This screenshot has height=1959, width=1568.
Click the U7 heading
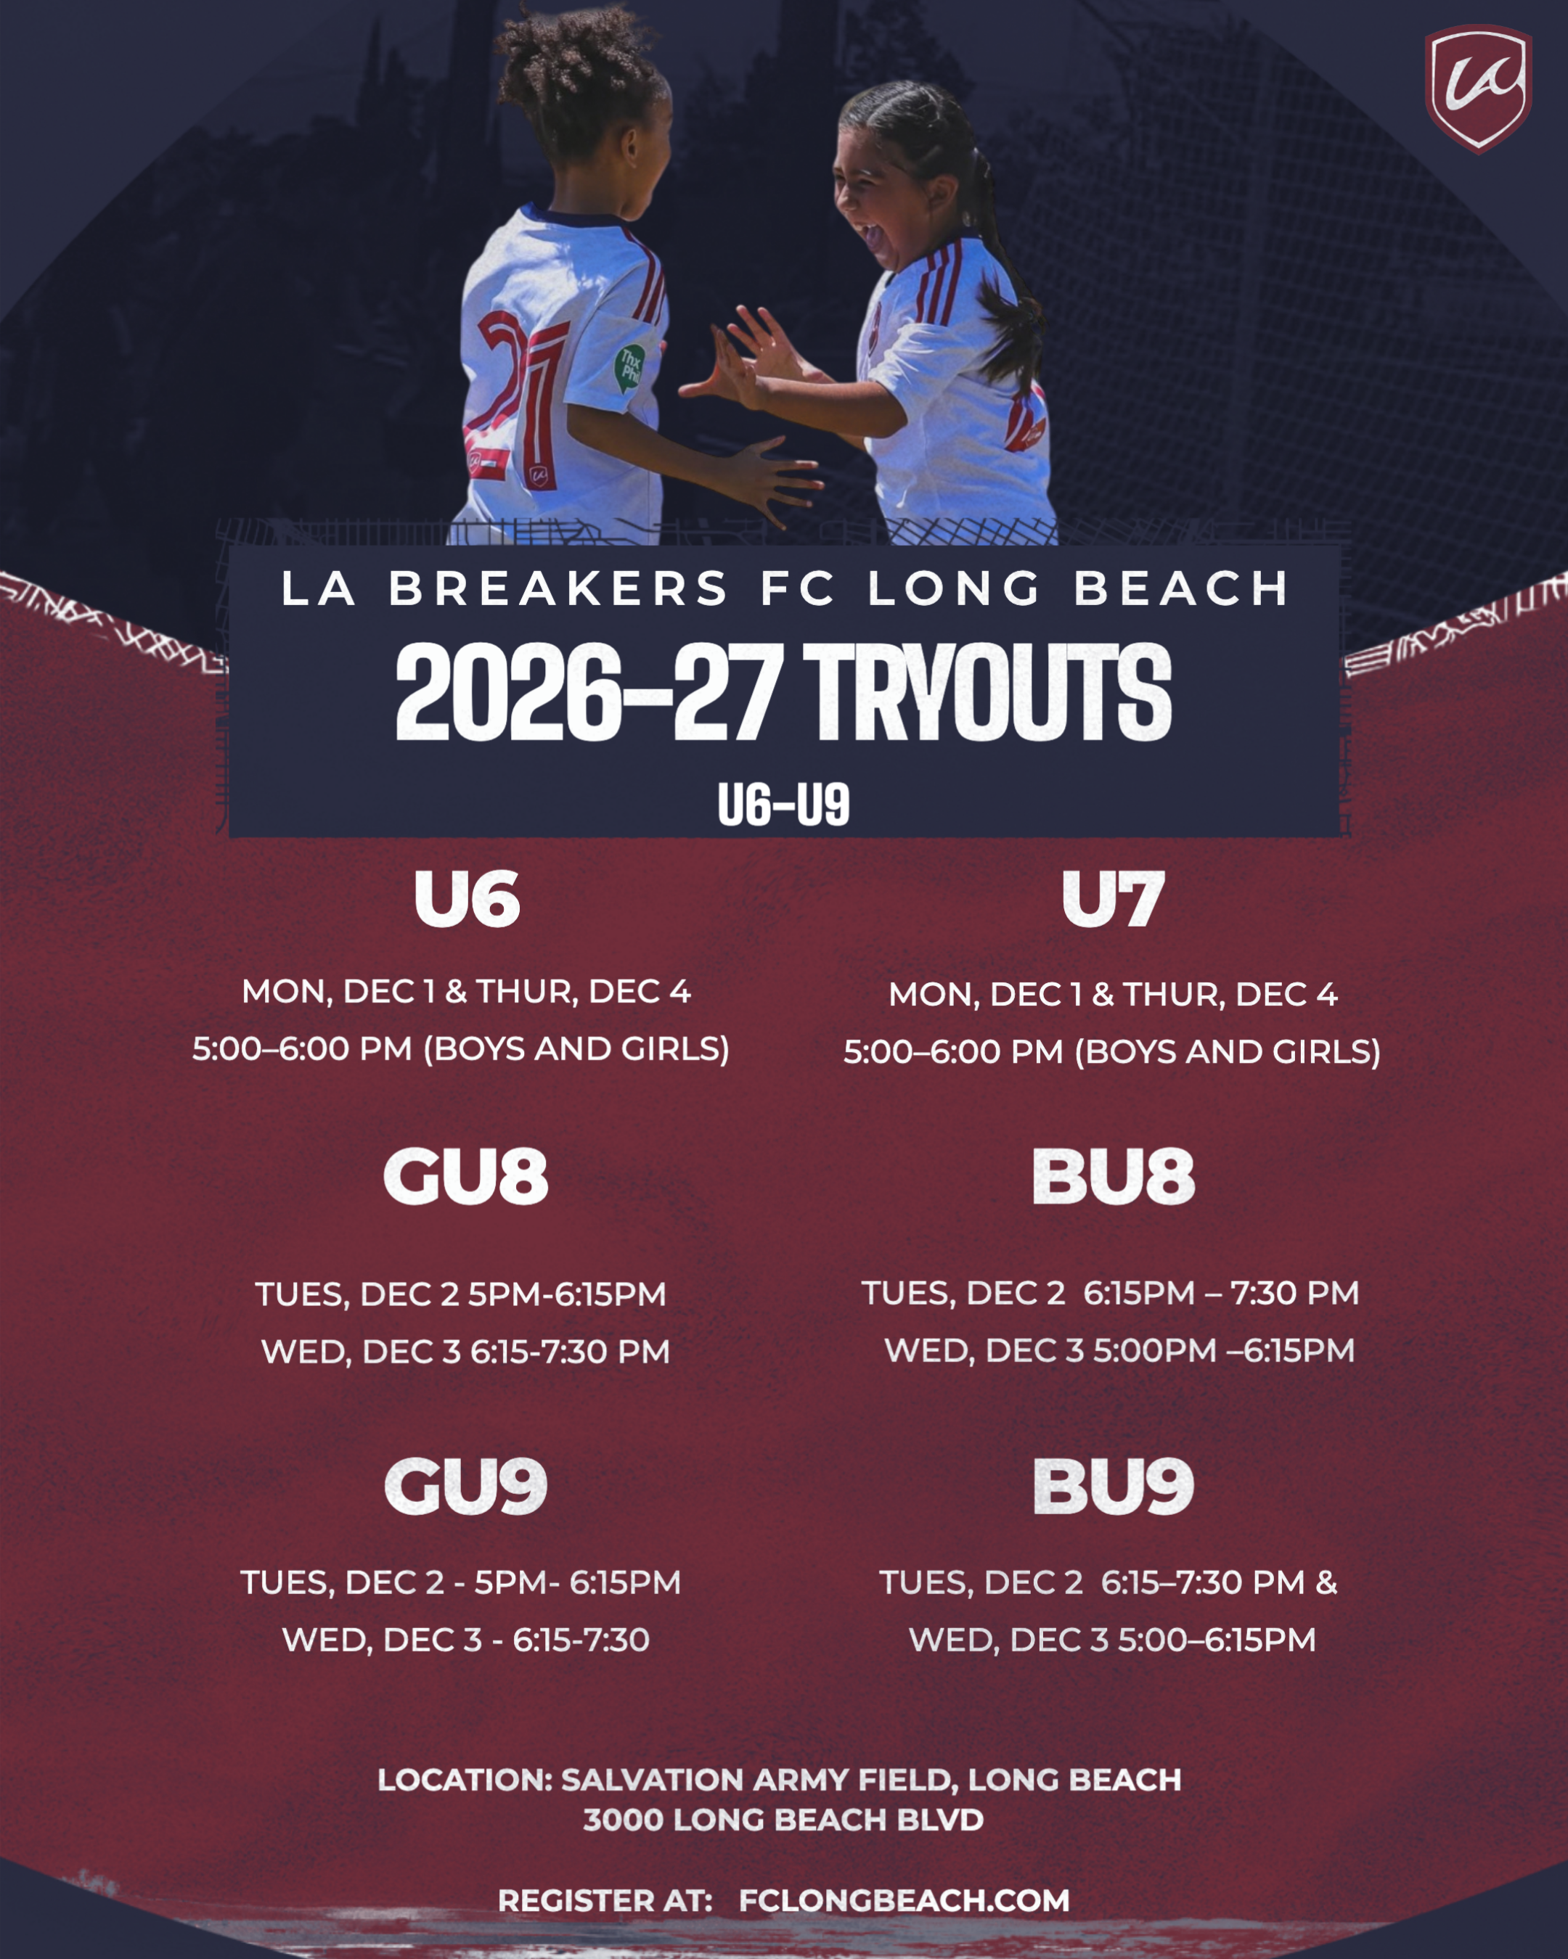[1113, 900]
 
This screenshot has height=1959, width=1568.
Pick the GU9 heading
[465, 1487]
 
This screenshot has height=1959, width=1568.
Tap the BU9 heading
[1113, 1487]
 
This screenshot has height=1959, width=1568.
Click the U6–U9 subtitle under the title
[783, 805]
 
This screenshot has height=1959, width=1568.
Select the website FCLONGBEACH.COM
[904, 1900]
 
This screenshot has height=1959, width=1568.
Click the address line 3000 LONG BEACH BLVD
[783, 1820]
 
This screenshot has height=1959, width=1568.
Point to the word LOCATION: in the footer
[465, 1780]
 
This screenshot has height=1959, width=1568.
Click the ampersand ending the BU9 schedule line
[1326, 1582]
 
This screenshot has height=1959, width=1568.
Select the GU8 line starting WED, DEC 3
[465, 1351]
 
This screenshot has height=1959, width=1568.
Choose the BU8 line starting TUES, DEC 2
[1110, 1293]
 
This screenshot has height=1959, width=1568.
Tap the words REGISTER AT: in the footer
[605, 1900]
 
